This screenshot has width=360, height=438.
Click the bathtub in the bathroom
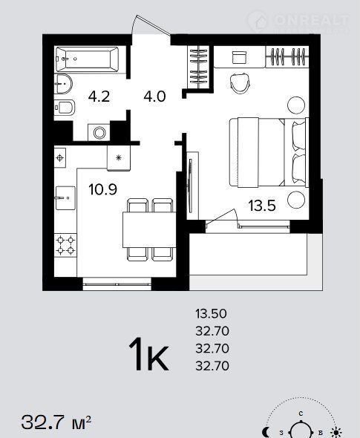tap(87, 59)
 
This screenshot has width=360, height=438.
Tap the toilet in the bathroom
tap(65, 107)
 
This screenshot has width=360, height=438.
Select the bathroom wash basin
tap(63, 84)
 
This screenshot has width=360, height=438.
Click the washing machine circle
tap(99, 132)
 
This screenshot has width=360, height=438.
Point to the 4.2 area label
tap(99, 97)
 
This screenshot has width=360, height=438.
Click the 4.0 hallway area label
tap(154, 97)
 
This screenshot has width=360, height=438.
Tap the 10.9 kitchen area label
tap(102, 189)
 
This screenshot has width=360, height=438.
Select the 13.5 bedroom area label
tap(262, 206)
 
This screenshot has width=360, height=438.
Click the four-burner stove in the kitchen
tap(65, 245)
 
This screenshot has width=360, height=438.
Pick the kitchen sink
tap(65, 198)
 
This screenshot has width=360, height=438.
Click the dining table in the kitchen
tap(149, 229)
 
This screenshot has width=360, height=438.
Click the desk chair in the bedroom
tap(240, 83)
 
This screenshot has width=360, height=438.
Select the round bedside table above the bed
tap(296, 105)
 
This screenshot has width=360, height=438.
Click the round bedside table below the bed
tap(296, 200)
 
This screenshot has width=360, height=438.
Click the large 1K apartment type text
tap(149, 354)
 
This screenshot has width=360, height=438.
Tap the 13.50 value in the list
tap(211, 314)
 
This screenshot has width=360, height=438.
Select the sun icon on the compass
tap(336, 432)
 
